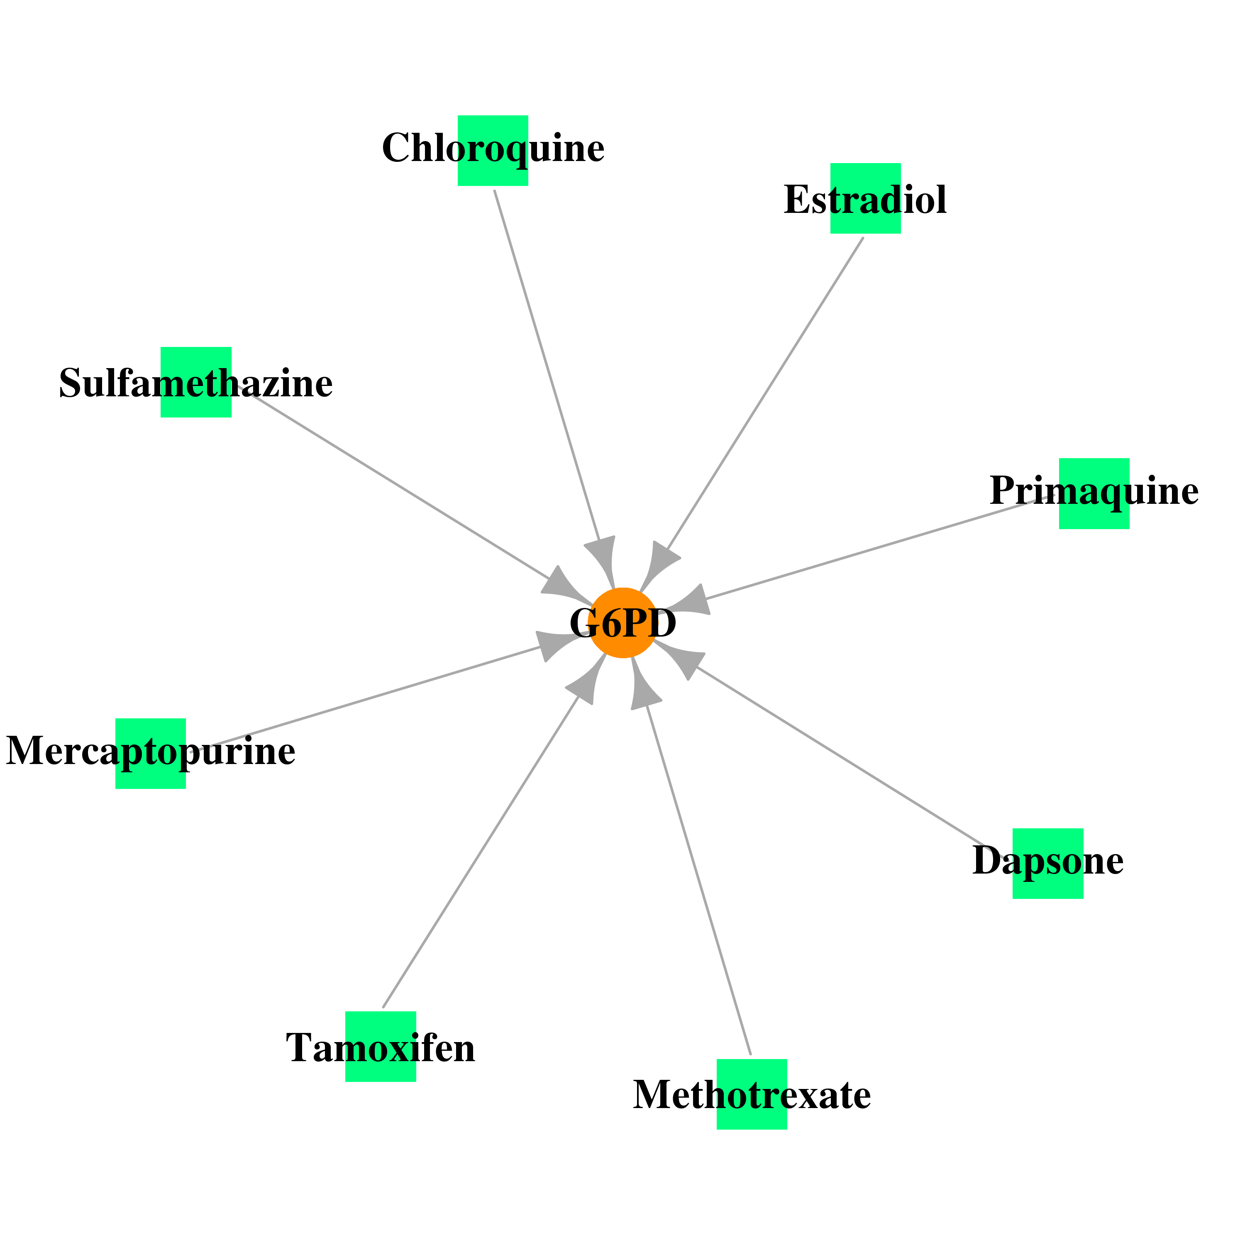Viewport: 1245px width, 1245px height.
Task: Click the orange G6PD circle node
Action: coord(622,623)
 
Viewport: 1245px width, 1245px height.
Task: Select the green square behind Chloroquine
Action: coord(493,151)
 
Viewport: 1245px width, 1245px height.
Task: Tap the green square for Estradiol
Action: coord(865,198)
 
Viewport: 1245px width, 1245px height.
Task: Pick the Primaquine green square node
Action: coord(1094,493)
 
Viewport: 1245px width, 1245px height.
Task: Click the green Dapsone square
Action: coord(1048,864)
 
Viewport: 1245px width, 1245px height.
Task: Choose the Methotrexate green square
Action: coord(752,1094)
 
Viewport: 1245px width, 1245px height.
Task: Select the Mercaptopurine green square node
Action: coord(151,753)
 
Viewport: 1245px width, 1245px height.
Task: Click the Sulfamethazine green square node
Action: coord(196,382)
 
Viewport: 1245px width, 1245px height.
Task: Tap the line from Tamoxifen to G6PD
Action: coord(481,851)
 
